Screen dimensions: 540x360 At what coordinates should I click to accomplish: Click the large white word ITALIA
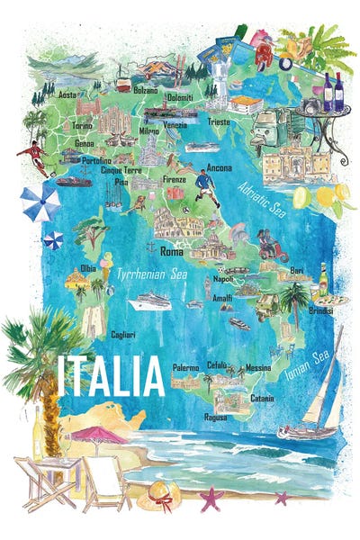[112, 376]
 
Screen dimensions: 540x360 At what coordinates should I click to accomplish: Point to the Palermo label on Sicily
[186, 367]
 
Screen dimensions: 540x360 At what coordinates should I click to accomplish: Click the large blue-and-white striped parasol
[40, 203]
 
